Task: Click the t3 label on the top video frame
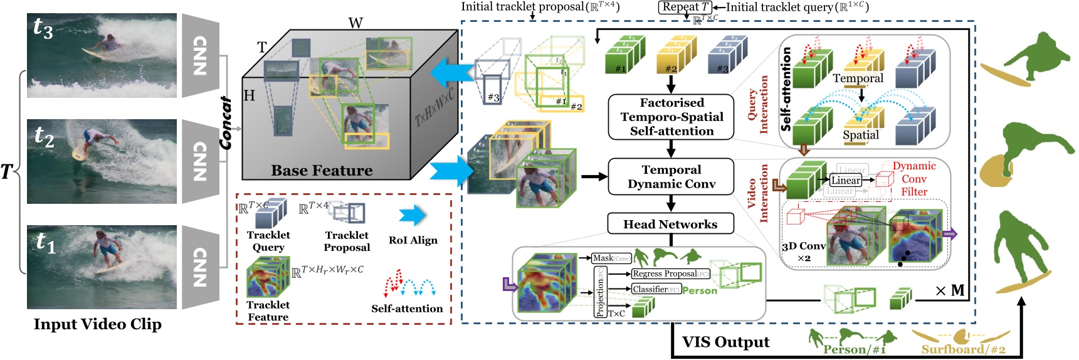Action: [43, 28]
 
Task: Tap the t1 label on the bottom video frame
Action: [46, 242]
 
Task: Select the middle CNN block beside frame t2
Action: [201, 161]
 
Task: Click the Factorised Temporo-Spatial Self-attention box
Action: [671, 117]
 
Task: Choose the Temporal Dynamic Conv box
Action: [671, 177]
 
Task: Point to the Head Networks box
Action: [670, 224]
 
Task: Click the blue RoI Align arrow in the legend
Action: [413, 216]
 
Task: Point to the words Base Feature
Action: [322, 171]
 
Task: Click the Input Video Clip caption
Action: [97, 324]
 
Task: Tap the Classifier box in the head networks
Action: [656, 289]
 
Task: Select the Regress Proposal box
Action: [670, 273]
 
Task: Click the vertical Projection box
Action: [600, 292]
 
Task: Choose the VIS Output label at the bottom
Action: [725, 342]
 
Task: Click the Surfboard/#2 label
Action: [963, 349]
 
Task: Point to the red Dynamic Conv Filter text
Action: [914, 179]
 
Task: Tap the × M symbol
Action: [950, 291]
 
